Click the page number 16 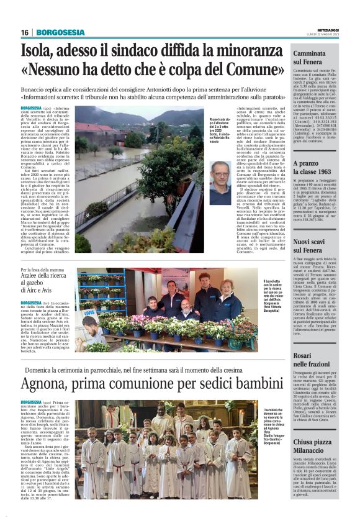(x=25, y=32)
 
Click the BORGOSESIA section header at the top (x=60, y=32)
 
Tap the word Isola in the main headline (x=38, y=51)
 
